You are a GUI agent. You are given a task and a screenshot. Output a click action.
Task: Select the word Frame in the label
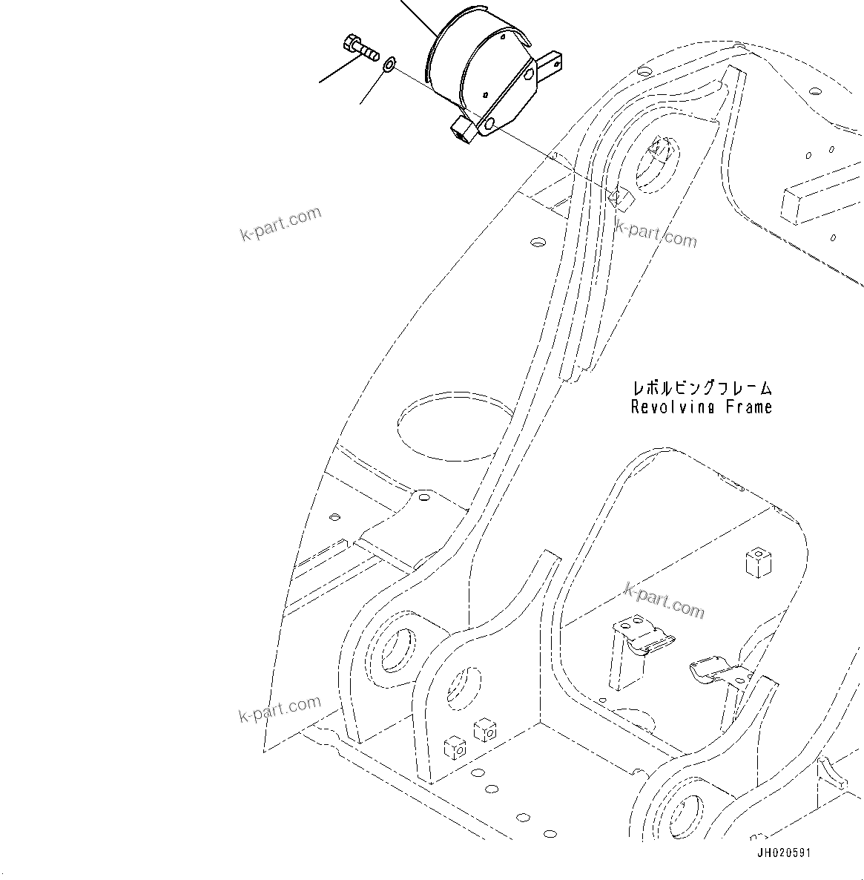tap(749, 407)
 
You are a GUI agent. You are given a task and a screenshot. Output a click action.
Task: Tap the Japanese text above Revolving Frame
tap(701, 388)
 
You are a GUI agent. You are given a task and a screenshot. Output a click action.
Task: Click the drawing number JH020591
tap(783, 853)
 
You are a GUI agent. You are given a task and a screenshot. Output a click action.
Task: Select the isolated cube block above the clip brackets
tap(756, 562)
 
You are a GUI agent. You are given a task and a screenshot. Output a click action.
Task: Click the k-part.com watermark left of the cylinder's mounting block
tap(281, 223)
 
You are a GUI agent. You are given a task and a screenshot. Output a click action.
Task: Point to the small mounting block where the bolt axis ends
tap(619, 197)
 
